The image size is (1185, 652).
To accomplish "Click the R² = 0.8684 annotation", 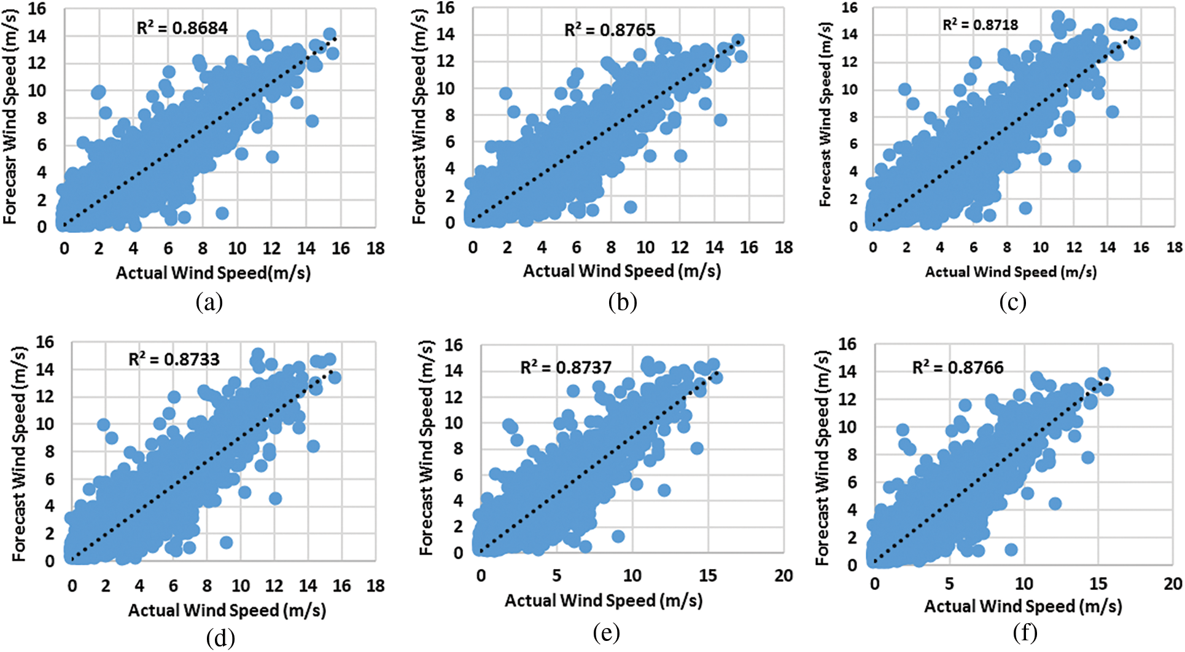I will coord(182,28).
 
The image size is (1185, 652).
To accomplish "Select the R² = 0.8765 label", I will coord(609,29).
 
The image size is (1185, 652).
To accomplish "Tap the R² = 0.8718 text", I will coord(980,25).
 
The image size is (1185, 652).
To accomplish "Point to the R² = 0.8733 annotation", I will coord(174,359).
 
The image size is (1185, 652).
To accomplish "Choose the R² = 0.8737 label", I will coord(565,367).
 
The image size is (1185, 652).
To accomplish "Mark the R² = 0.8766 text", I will coord(957,367).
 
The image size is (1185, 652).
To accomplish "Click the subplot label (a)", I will coord(209,302).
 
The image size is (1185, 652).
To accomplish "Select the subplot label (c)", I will coord(1012,302).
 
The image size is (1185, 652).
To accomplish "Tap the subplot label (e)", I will coord(606,632).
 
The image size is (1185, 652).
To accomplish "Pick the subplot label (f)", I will coord(1025,632).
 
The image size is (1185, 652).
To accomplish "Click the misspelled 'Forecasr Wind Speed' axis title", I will coord(10,117).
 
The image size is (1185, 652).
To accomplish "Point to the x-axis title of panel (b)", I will coord(621,271).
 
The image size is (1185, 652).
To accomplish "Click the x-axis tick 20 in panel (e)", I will coord(783,576).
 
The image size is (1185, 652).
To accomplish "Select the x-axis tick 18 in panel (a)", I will coord(375,248).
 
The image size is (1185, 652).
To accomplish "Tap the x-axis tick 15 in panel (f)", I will coord(1098,583).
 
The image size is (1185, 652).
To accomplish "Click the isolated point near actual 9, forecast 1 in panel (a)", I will coord(222,213).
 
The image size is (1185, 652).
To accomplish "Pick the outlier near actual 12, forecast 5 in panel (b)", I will coord(680,156).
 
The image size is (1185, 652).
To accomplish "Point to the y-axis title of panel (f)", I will coord(822,458).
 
